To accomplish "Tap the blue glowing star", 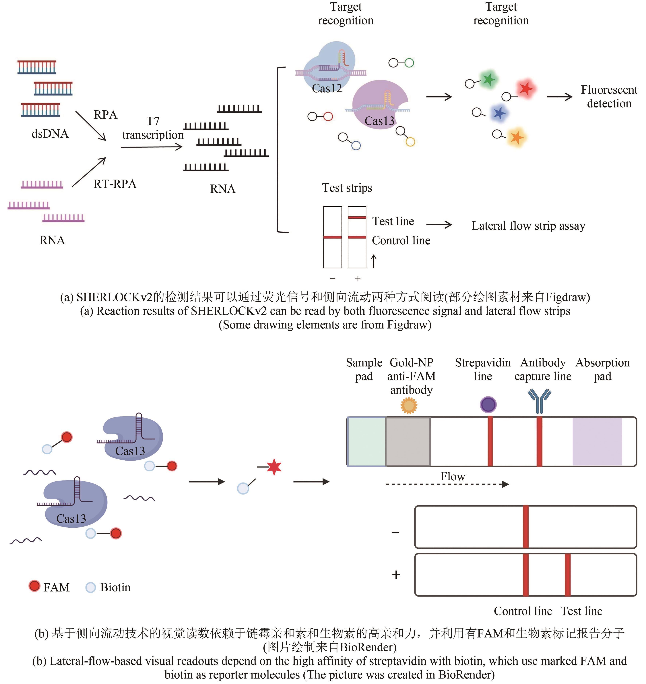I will [499, 113].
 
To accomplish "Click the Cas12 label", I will [326, 89].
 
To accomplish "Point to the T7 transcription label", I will [153, 128].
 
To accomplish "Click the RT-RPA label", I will [115, 184].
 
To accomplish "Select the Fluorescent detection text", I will [609, 97].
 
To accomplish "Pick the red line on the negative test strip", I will [332, 237].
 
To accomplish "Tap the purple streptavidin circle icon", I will [488, 404].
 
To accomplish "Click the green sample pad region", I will [366, 441].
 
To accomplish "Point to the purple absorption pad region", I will [597, 441].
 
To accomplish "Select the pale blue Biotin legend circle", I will [91, 587].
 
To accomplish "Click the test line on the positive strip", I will [567, 575].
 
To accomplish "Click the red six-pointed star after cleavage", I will [274, 467].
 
